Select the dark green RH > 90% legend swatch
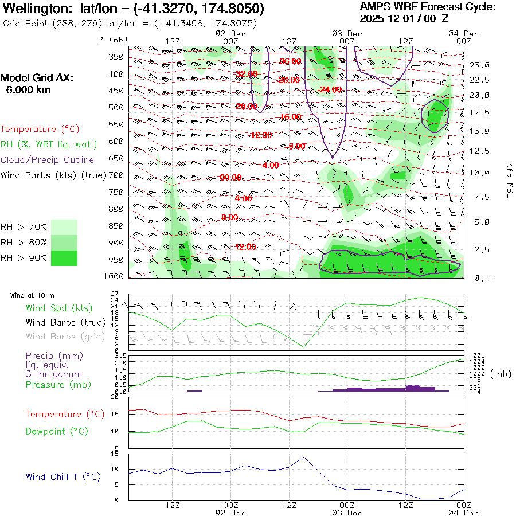[x=64, y=258]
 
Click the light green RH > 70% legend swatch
[x=64, y=227]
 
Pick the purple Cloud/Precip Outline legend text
[x=48, y=160]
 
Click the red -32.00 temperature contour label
[x=247, y=74]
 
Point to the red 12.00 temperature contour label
[x=245, y=247]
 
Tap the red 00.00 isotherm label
[x=230, y=178]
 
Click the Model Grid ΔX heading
[x=37, y=79]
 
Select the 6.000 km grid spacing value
[x=28, y=89]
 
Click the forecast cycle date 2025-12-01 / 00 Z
[x=404, y=19]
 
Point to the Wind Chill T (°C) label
[x=63, y=477]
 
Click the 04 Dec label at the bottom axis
[x=463, y=513]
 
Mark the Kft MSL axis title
[x=509, y=180]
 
